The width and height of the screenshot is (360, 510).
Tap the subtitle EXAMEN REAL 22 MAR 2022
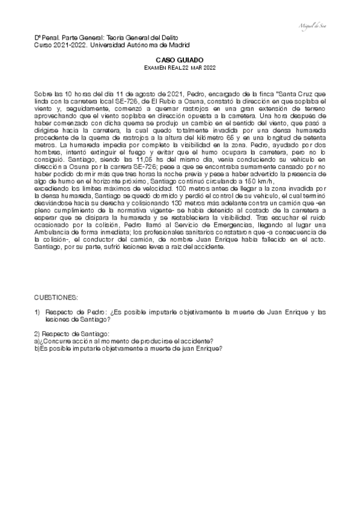click(180, 69)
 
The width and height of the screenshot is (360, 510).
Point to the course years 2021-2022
click(66, 45)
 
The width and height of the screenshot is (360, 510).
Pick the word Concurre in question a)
click(64, 340)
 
